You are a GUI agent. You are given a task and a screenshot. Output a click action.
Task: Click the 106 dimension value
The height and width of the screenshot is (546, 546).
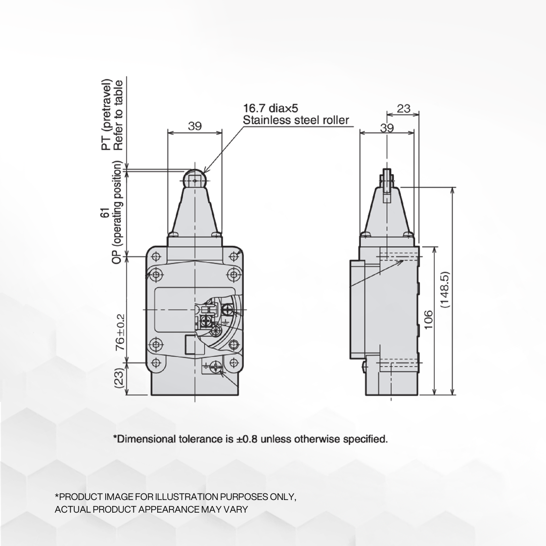click(428, 320)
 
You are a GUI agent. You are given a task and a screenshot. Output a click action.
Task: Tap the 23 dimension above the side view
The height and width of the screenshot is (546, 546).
click(403, 109)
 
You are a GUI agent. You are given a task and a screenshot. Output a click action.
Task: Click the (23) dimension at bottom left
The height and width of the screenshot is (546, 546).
click(120, 378)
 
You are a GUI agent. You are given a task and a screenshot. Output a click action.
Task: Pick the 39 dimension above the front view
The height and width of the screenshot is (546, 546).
click(195, 126)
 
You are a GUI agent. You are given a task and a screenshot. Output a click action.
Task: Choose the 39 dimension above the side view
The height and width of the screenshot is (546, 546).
click(387, 128)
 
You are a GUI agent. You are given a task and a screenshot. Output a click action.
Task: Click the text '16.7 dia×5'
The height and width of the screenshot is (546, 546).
click(271, 109)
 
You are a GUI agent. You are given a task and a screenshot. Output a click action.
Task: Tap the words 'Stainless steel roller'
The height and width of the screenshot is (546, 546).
click(296, 120)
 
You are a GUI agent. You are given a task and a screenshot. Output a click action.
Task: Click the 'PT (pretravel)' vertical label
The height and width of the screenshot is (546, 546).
click(106, 114)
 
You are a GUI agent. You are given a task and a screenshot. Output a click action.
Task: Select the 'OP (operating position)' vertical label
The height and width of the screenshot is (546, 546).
click(118, 213)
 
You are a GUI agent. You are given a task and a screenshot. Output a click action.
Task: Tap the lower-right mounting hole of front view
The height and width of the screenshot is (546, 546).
click(233, 362)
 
